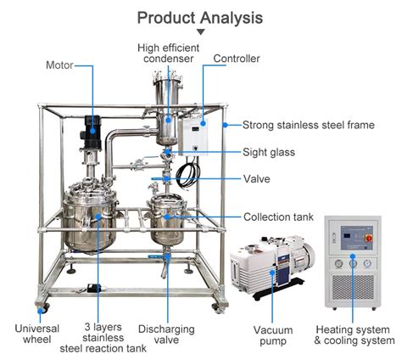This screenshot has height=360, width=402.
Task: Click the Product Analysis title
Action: pyautogui.click(x=200, y=17)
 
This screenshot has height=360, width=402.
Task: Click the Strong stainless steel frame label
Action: pyautogui.click(x=308, y=125)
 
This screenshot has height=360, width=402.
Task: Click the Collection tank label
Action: pyautogui.click(x=278, y=217)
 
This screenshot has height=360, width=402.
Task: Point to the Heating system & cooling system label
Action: pyautogui.click(x=353, y=335)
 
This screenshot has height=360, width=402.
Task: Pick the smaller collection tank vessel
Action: pyautogui.click(x=167, y=217)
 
